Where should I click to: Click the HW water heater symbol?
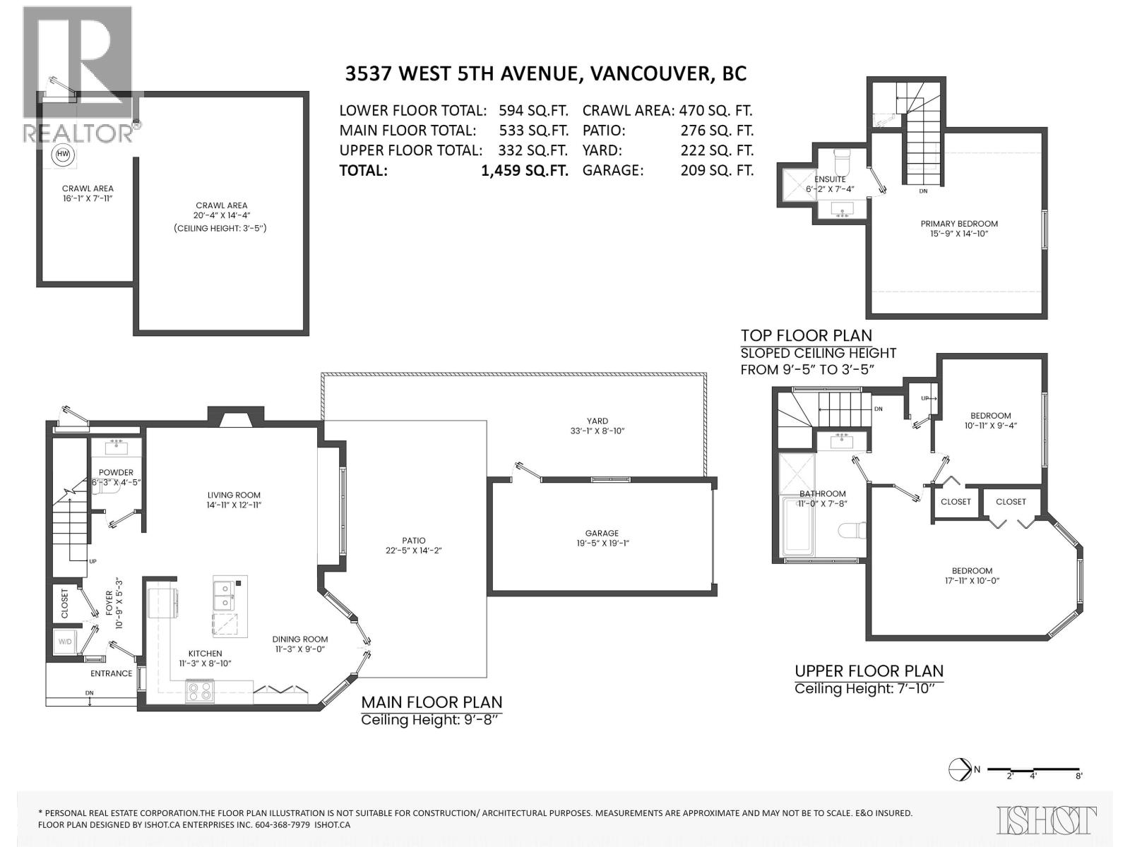63,155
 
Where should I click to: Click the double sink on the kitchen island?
225,595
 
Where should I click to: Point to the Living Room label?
234,495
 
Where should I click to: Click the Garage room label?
601,534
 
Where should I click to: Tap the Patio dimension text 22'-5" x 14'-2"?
415,551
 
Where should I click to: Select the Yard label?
597,421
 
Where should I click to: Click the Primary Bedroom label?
959,224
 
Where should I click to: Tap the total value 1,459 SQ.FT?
524,170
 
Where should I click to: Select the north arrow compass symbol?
961,769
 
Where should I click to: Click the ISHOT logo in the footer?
1047,820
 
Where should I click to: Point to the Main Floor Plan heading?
432,702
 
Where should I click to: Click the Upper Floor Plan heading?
869,671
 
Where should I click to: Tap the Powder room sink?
117,447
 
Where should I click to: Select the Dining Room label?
300,639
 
